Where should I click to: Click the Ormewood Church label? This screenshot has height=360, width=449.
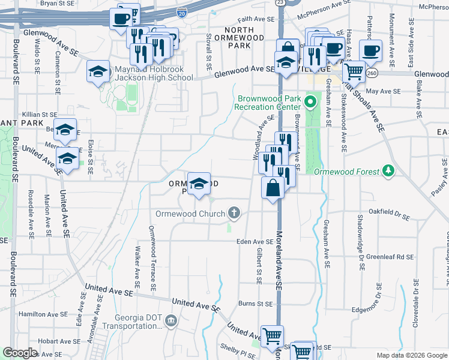click(x=190, y=213)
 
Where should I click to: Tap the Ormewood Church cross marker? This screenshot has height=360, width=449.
click(x=234, y=213)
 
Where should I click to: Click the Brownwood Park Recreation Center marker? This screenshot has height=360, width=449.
click(x=310, y=101)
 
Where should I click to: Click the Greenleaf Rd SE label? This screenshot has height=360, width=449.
click(x=390, y=256)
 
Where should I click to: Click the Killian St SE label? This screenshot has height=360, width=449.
click(x=39, y=114)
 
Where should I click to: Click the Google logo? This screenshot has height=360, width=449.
click(x=19, y=353)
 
